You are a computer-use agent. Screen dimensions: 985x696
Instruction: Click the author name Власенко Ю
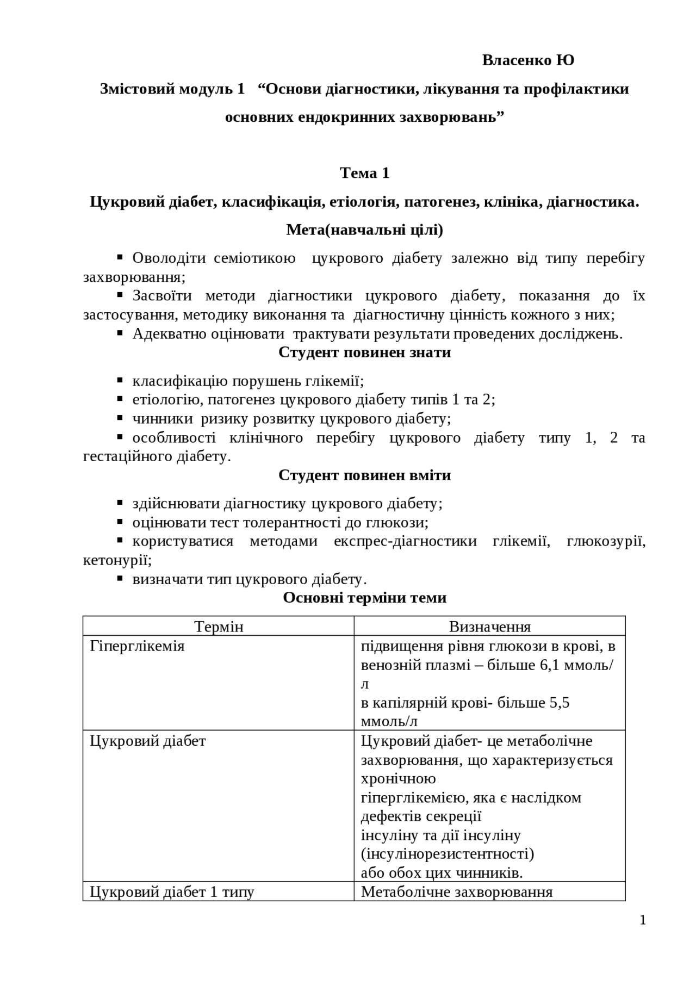[x=527, y=60]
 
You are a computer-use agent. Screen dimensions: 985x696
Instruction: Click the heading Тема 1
[x=364, y=173]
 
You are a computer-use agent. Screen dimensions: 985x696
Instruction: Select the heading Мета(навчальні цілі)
[x=364, y=230]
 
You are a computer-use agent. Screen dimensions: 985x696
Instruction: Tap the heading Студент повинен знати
[x=364, y=352]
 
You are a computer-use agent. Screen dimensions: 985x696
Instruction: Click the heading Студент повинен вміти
[x=364, y=475]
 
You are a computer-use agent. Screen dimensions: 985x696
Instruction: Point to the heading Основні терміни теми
[x=364, y=598]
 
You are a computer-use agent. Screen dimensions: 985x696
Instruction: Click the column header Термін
[x=219, y=627]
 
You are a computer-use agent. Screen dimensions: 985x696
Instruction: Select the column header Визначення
[x=489, y=627]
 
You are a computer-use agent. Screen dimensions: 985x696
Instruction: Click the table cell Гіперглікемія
[x=137, y=646]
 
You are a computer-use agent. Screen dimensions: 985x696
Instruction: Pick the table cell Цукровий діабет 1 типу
[x=172, y=892]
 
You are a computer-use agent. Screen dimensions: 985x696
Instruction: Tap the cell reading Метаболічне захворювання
[x=457, y=892]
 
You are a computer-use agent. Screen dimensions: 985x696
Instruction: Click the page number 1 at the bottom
[x=643, y=920]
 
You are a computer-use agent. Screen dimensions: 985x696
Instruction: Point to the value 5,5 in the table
[x=560, y=703]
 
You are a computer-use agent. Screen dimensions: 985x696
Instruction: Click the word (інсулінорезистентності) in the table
[x=447, y=854]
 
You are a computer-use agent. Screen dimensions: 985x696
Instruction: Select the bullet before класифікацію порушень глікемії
[x=121, y=380]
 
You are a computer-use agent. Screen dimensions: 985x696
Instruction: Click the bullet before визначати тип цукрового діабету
[x=121, y=579]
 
